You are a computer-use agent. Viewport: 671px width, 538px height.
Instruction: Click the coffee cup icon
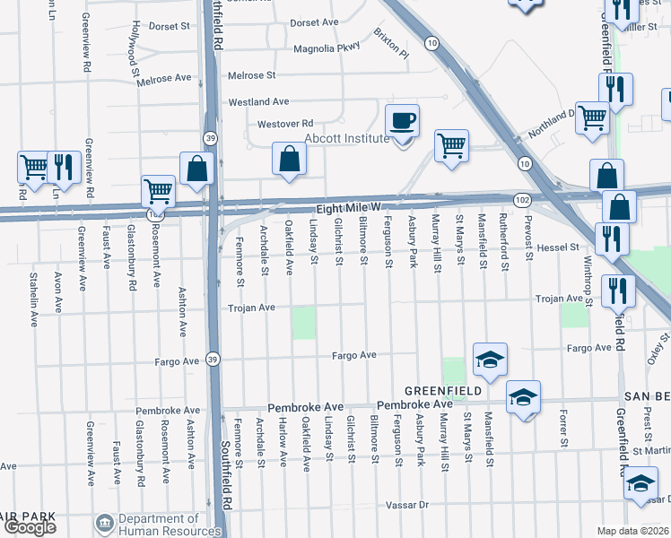point(402,120)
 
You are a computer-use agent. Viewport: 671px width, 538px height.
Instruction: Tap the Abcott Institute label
point(346,138)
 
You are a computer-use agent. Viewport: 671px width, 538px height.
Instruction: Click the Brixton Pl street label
point(392,48)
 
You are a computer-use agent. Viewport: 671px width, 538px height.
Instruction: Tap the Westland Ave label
point(258,102)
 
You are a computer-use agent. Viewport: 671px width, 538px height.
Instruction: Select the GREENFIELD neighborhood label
point(443,391)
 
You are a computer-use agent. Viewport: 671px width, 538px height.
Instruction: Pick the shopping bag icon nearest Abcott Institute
point(289,159)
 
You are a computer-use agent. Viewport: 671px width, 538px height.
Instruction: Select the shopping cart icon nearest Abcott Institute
point(451,144)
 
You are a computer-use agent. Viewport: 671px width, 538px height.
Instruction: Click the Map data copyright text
point(633,531)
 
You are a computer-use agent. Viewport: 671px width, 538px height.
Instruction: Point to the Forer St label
point(563,430)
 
